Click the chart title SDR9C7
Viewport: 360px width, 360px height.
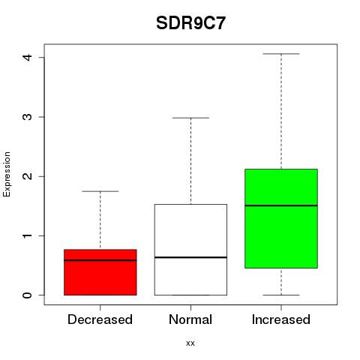190,23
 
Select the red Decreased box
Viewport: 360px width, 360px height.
100,272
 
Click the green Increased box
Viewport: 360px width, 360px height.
281,218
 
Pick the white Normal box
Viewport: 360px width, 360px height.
190,250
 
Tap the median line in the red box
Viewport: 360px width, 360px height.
100,260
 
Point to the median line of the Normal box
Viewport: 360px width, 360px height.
190,257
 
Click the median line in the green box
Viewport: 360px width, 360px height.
281,205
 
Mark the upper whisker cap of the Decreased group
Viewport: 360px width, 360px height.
100,191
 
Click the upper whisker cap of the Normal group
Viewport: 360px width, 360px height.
190,118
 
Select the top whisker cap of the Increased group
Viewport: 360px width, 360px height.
281,54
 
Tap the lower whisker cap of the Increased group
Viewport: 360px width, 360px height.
281,295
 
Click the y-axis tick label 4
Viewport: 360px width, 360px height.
27,57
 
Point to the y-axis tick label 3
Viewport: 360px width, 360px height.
27,117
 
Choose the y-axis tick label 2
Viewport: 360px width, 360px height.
27,176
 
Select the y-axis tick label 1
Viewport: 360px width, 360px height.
27,235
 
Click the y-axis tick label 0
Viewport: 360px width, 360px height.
27,295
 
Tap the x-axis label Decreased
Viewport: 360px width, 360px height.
100,319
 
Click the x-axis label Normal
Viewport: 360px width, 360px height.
190,319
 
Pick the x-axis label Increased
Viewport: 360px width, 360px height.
281,319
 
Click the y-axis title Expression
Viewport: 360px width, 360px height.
7,174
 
